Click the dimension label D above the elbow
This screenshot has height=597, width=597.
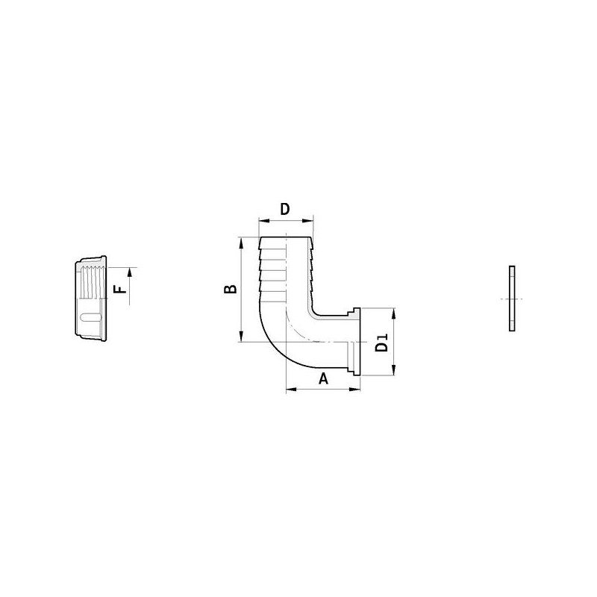pyautogui.click(x=284, y=209)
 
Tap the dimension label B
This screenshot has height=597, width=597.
pyautogui.click(x=231, y=289)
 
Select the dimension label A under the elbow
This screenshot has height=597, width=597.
pyautogui.click(x=324, y=378)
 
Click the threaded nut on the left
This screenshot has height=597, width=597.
pyautogui.click(x=92, y=298)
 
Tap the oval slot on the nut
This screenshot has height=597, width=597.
pyautogui.click(x=90, y=319)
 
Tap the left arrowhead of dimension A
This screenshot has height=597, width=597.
pyautogui.click(x=291, y=389)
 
